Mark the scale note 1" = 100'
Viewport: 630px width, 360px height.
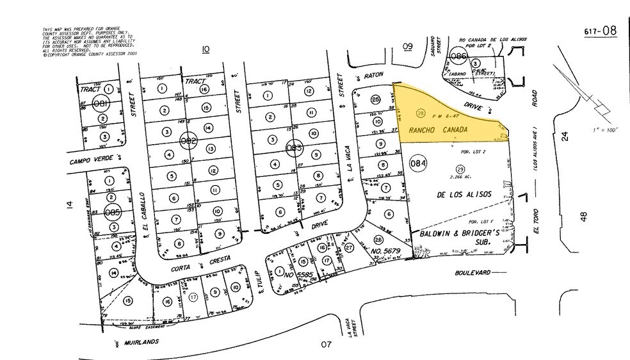(607, 131)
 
